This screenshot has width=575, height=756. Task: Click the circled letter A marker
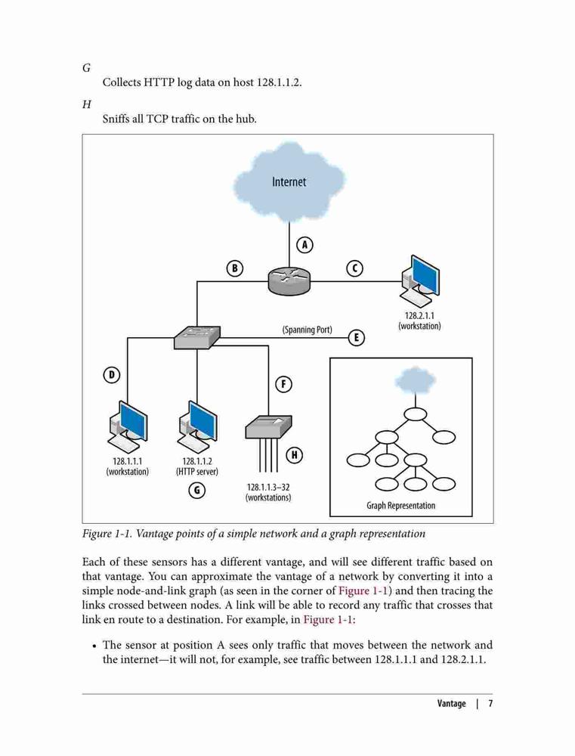[305, 245]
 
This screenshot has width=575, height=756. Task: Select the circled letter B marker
[235, 268]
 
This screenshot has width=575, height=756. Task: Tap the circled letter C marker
[354, 268]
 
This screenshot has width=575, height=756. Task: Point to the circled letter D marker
[112, 375]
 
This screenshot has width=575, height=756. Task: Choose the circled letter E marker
[356, 337]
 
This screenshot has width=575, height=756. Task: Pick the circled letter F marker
[284, 384]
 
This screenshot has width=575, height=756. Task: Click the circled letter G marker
[196, 491]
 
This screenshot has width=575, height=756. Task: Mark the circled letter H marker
[295, 454]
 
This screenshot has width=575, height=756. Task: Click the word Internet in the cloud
[289, 181]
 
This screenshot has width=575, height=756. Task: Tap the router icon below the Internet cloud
[289, 280]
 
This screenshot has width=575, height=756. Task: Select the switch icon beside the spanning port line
[197, 337]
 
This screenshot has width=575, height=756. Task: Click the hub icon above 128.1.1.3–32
[268, 426]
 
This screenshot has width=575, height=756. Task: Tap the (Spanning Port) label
[307, 330]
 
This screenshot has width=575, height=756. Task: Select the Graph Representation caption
[400, 505]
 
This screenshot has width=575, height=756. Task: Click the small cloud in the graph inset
[415, 380]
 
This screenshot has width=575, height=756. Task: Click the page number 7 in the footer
[490, 703]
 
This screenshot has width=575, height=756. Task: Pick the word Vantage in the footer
[452, 703]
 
